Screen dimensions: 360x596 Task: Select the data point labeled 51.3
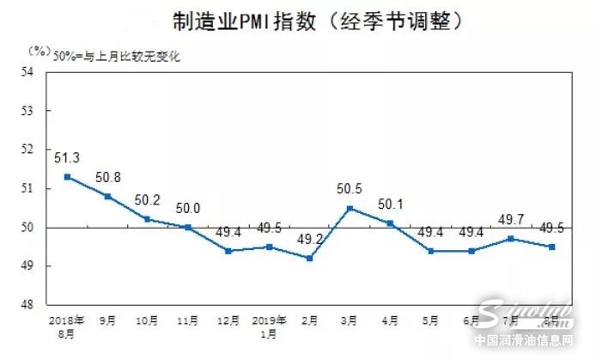pos(68,177)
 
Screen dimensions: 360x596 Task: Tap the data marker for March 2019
pos(350,208)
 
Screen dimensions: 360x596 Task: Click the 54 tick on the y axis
pos(38,73)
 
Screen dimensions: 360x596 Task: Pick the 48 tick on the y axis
pos(38,304)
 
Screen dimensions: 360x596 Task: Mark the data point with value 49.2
pos(309,258)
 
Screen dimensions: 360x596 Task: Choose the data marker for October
pos(147,219)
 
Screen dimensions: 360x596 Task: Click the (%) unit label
pos(38,50)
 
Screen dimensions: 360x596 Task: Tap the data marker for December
pos(228,250)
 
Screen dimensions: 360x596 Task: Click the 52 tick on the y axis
pos(38,150)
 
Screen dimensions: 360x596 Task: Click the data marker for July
pos(511,239)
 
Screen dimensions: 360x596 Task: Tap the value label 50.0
pos(187,209)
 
